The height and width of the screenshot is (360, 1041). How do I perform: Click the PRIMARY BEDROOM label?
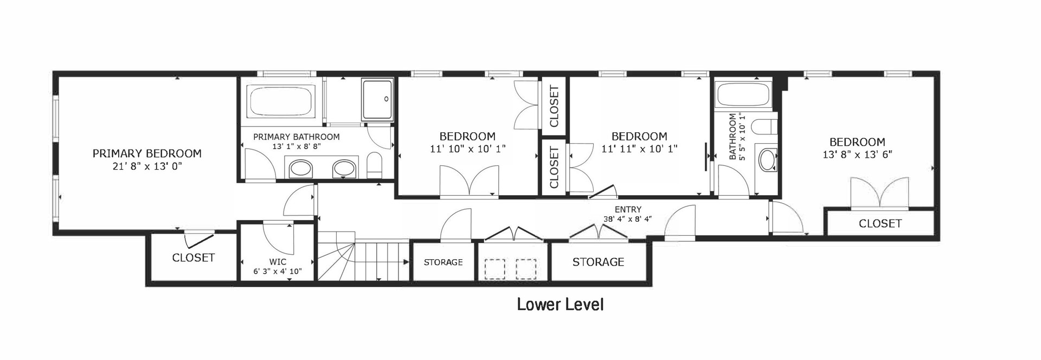pyautogui.click(x=147, y=153)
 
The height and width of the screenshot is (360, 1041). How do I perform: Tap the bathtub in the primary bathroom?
pyautogui.click(x=281, y=101)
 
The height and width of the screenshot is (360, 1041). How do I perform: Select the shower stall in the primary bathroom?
pyautogui.click(x=377, y=99)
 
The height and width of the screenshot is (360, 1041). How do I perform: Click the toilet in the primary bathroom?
pyautogui.click(x=375, y=164)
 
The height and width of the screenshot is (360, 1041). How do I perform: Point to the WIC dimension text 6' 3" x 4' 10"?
pyautogui.click(x=278, y=271)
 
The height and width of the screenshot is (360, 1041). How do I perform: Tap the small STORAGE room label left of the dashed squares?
pyautogui.click(x=443, y=262)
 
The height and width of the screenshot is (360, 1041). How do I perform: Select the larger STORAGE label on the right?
pyautogui.click(x=598, y=262)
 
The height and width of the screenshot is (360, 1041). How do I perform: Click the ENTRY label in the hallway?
pyautogui.click(x=628, y=209)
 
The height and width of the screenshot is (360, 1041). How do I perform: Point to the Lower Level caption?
pyautogui.click(x=560, y=304)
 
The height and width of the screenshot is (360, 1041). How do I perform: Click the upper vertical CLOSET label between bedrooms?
pyautogui.click(x=554, y=106)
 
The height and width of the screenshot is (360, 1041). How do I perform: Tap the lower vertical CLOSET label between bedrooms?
pyautogui.click(x=554, y=167)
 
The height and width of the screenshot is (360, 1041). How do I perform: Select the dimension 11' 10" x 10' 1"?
pyautogui.click(x=467, y=149)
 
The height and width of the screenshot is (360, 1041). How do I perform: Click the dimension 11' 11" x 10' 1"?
pyautogui.click(x=639, y=149)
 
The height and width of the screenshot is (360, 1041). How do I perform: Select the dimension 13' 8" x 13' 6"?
pyautogui.click(x=857, y=154)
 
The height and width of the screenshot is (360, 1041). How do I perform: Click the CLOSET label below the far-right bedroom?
pyautogui.click(x=880, y=223)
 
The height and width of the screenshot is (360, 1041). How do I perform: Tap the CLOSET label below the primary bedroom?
pyautogui.click(x=193, y=258)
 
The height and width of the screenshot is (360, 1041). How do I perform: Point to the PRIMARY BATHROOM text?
pyautogui.click(x=296, y=137)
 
